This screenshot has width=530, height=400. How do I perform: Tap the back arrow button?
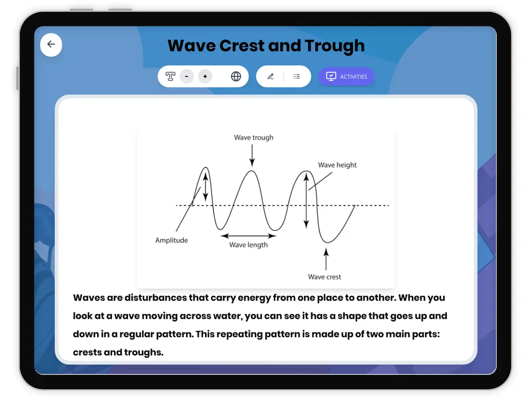point(51,45)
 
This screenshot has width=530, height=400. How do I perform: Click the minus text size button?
point(187,76)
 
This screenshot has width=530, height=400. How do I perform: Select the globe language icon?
point(236,76)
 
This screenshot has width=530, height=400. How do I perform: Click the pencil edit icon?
point(270,76)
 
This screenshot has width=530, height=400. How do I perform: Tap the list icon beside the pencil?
point(296,76)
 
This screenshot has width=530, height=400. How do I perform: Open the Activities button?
point(346,76)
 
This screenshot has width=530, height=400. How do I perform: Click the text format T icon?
point(170,76)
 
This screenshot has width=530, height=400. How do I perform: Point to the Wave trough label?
point(254,137)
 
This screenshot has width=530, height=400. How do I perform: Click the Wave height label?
point(337,165)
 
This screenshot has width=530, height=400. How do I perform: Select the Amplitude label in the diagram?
point(171,240)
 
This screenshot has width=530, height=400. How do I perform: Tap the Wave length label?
point(249,245)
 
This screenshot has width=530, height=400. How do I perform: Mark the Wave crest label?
point(324,277)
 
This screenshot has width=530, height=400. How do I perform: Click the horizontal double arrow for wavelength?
point(249,236)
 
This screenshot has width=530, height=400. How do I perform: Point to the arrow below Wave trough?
point(252,155)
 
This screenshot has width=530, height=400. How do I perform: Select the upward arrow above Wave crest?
point(326,259)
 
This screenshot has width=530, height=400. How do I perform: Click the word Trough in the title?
point(335,46)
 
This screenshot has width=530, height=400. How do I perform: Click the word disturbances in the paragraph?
point(156,298)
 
